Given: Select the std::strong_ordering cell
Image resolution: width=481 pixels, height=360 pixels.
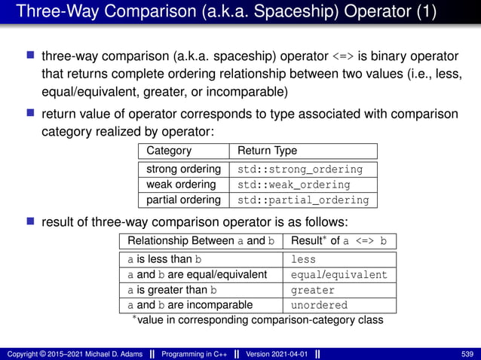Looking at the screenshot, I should [300, 169].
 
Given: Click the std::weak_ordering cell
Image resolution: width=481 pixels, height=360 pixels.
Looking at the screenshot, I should [294, 185].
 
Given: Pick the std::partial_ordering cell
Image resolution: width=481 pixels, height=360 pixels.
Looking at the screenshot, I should [303, 200].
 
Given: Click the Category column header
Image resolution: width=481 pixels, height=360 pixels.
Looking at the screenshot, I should [169, 151].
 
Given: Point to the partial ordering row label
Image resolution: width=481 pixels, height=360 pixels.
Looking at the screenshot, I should [183, 200].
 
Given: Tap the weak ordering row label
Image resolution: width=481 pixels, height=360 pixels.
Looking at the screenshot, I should [181, 185].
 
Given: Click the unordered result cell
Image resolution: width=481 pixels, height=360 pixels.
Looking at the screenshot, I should [319, 306].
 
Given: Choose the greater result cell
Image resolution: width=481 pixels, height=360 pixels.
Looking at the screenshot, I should [313, 290].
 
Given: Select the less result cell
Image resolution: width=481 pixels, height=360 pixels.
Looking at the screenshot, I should [304, 259].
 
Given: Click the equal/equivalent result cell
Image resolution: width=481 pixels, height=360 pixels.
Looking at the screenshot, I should [339, 275].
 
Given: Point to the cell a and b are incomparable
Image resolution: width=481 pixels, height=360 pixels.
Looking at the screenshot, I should [190, 306].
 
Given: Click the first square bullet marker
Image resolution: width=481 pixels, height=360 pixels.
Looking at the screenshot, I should [31, 56].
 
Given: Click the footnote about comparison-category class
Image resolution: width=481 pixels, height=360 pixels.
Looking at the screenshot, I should [257, 320].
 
